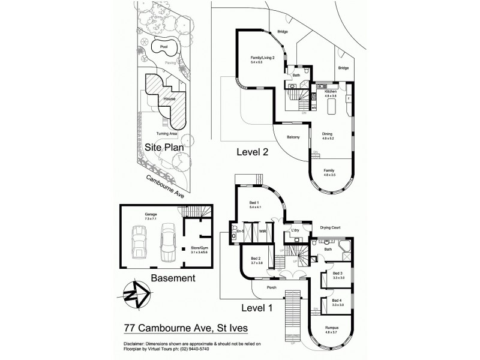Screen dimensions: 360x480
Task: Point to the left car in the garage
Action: coord(140,242)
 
